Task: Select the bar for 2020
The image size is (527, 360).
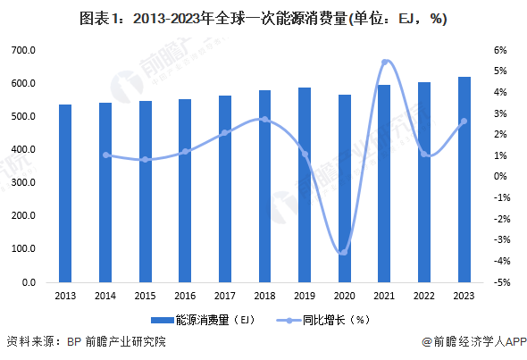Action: [344, 188]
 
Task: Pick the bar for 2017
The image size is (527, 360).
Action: [224, 188]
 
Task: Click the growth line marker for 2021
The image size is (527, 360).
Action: [384, 62]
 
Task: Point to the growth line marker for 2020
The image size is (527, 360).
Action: [344, 252]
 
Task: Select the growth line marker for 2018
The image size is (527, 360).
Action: [264, 119]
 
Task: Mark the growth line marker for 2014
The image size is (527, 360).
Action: [105, 155]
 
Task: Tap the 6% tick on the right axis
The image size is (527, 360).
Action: [500, 50]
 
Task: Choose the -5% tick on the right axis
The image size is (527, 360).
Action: [500, 282]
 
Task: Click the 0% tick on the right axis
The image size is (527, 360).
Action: [500, 176]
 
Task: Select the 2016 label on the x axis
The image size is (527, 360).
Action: [184, 296]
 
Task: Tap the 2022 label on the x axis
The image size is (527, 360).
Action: [423, 296]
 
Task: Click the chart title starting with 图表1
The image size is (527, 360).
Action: [263, 18]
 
